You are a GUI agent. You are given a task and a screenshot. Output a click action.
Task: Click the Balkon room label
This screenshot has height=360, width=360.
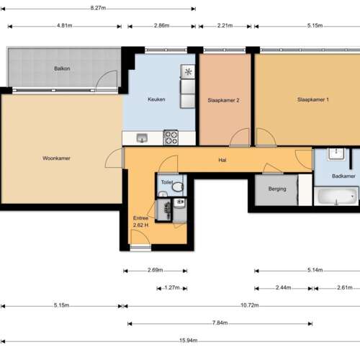(61, 69)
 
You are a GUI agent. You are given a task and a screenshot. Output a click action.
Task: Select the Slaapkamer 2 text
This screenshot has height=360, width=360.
(223, 100)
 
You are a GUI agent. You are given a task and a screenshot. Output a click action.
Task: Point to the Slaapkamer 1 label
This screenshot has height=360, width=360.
(313, 99)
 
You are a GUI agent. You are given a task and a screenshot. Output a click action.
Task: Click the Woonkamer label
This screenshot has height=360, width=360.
(56, 158)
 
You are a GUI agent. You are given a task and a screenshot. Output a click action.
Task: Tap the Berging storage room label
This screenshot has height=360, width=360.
(276, 189)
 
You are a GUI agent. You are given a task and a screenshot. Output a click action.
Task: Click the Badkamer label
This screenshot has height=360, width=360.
(343, 176)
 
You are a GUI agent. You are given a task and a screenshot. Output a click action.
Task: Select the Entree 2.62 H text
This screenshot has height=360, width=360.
(140, 221)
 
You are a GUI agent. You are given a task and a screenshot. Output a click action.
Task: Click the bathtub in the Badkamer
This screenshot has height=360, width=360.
(336, 196)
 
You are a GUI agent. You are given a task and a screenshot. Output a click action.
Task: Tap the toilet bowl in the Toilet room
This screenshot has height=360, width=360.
(177, 186)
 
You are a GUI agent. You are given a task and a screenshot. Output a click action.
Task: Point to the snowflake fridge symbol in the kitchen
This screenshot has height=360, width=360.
(189, 72)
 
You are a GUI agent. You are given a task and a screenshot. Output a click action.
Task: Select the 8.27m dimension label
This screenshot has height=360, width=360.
(101, 8)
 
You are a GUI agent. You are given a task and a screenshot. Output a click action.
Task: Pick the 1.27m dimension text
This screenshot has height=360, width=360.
(171, 288)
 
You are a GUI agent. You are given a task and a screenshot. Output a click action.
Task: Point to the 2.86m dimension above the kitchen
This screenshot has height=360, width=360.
(162, 26)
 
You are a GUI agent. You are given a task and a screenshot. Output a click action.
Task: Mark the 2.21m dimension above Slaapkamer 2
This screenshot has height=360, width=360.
(225, 26)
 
